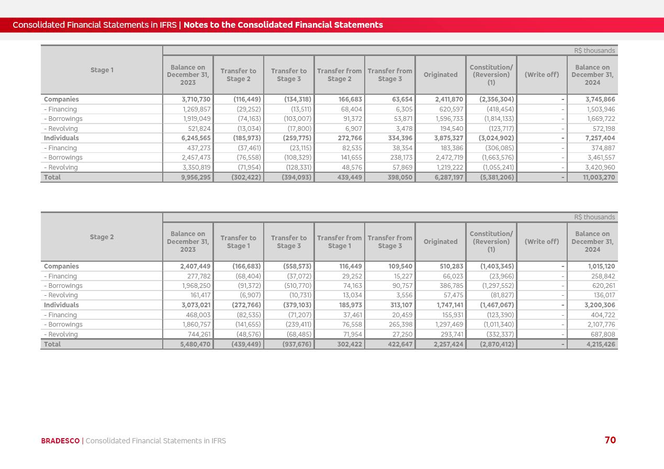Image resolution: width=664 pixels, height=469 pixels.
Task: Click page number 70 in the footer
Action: [x=610, y=440]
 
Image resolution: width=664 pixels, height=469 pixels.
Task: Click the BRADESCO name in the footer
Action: [x=60, y=441]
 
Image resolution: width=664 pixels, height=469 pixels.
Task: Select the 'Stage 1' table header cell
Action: [x=102, y=70]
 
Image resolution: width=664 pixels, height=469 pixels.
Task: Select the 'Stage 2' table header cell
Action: [x=102, y=237]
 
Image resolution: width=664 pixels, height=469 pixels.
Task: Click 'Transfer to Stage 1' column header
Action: [x=238, y=242]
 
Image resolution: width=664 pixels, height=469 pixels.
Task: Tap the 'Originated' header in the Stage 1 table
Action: [x=440, y=75]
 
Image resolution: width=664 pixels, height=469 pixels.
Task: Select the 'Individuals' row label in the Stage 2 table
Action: [x=61, y=305]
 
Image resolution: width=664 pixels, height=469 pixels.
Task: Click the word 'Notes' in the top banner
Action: [x=195, y=25]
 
